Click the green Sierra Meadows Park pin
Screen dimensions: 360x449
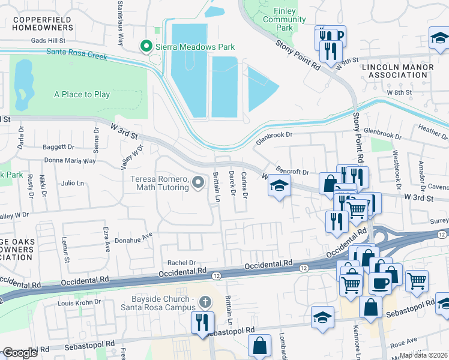click(145, 46)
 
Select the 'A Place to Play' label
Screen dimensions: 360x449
click(82, 94)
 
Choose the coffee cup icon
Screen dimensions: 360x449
click(379, 281)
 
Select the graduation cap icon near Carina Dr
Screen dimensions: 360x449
click(279, 186)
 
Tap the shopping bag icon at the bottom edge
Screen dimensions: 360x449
click(260, 346)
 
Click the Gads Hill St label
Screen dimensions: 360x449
click(57, 40)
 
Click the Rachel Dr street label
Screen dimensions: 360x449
click(182, 262)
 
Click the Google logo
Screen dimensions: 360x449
click(20, 353)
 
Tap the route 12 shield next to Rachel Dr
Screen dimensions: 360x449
click(216, 275)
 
